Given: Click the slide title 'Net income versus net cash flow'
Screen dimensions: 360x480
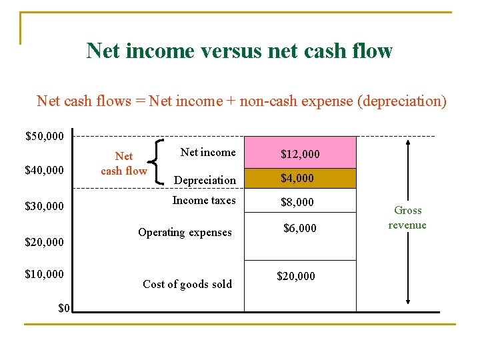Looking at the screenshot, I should pos(239,51).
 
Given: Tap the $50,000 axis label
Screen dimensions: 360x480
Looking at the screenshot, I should pos(45,137).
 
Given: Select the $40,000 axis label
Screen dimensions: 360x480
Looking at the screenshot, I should pos(45,171).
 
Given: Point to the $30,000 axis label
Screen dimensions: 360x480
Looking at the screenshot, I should pos(45,206).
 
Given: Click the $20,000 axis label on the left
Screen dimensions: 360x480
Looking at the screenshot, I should pos(45,242).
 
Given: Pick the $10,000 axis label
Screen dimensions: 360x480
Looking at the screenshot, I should pos(45,274).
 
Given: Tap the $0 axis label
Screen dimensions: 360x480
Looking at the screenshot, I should pos(64,307).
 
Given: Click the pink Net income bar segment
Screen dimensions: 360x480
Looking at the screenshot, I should pos(300,153).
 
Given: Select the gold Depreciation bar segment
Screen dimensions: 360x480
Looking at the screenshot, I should pos(300,178).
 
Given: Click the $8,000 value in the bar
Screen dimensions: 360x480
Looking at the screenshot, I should pos(297,202).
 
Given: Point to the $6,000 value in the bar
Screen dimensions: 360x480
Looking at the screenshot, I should pos(300,228).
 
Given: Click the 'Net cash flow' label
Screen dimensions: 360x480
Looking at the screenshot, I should pos(124,163).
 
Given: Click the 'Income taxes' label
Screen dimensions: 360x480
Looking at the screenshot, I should pos(204,200).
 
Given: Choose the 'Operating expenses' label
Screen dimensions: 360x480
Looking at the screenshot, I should pos(185,232).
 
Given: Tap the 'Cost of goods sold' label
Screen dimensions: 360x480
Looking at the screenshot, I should pos(187,284).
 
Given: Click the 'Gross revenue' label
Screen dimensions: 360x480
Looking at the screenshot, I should pos(407,217).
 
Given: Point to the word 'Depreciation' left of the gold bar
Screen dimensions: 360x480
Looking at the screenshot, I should pos(205,180).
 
